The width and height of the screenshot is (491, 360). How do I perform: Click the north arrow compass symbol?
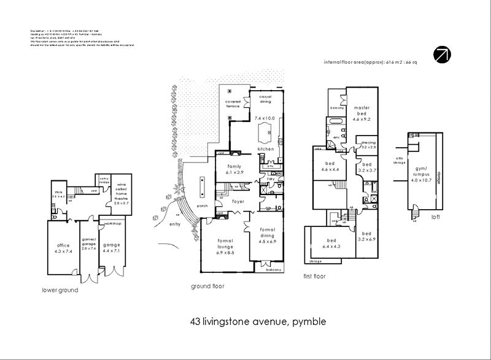click(442, 54)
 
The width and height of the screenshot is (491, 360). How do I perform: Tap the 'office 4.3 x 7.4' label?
click(63, 248)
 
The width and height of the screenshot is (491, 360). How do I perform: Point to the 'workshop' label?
click(113, 224)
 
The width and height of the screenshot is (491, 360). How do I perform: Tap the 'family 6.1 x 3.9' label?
click(234, 169)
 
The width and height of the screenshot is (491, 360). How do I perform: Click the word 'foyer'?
click(238, 201)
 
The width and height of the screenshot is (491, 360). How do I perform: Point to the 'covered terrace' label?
click(233, 104)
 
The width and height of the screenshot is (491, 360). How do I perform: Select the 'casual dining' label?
click(265, 99)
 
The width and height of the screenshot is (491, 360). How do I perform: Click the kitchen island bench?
click(266, 132)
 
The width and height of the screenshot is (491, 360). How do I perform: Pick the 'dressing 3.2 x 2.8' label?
click(368, 145)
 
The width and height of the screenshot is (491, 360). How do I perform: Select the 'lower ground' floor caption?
click(60, 290)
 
